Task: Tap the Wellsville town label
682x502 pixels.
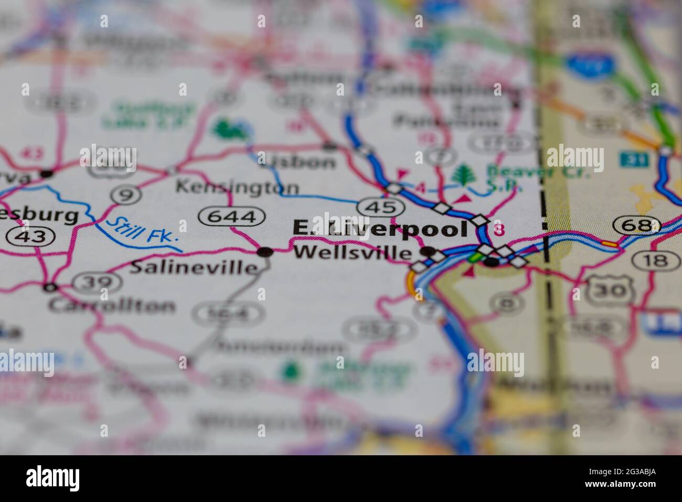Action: [352, 253]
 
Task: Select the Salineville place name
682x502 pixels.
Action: [194, 267]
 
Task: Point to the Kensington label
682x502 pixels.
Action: [237, 186]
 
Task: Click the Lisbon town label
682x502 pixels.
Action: [297, 161]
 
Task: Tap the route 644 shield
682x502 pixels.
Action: [231, 216]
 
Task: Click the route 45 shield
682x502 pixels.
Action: [381, 207]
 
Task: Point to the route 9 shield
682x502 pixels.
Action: [126, 195]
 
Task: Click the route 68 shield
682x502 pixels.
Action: [636, 226]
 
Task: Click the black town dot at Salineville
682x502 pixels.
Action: [265, 252]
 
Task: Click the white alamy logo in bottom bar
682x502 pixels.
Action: [52, 478]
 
